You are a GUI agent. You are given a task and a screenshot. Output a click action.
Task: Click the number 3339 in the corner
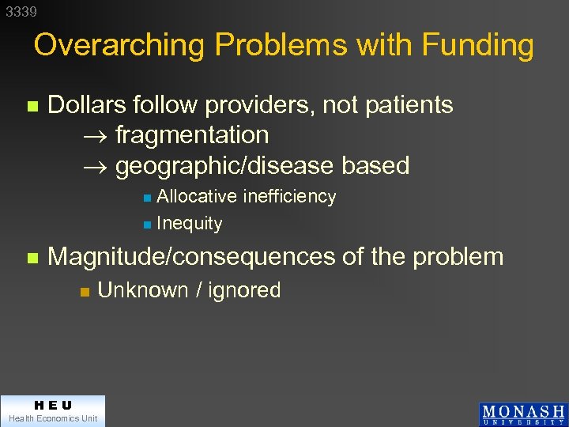tap(21, 12)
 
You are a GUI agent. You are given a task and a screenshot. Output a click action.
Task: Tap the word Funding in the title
tap(478, 45)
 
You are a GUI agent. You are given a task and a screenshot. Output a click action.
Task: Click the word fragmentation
tap(192, 135)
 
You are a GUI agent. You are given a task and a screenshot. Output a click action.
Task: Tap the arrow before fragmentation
tap(95, 136)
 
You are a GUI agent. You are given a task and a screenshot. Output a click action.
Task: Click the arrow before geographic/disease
tap(95, 167)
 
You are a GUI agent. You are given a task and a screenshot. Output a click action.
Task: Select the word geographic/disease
tap(224, 166)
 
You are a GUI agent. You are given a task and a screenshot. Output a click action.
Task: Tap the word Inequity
tap(189, 224)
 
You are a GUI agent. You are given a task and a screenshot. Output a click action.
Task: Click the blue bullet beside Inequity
tap(146, 225)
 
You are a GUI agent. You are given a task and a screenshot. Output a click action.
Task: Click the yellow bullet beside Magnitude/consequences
tap(32, 258)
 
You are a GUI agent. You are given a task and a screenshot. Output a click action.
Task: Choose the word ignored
tap(244, 290)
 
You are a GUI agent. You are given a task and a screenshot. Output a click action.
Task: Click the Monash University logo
tap(522, 414)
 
